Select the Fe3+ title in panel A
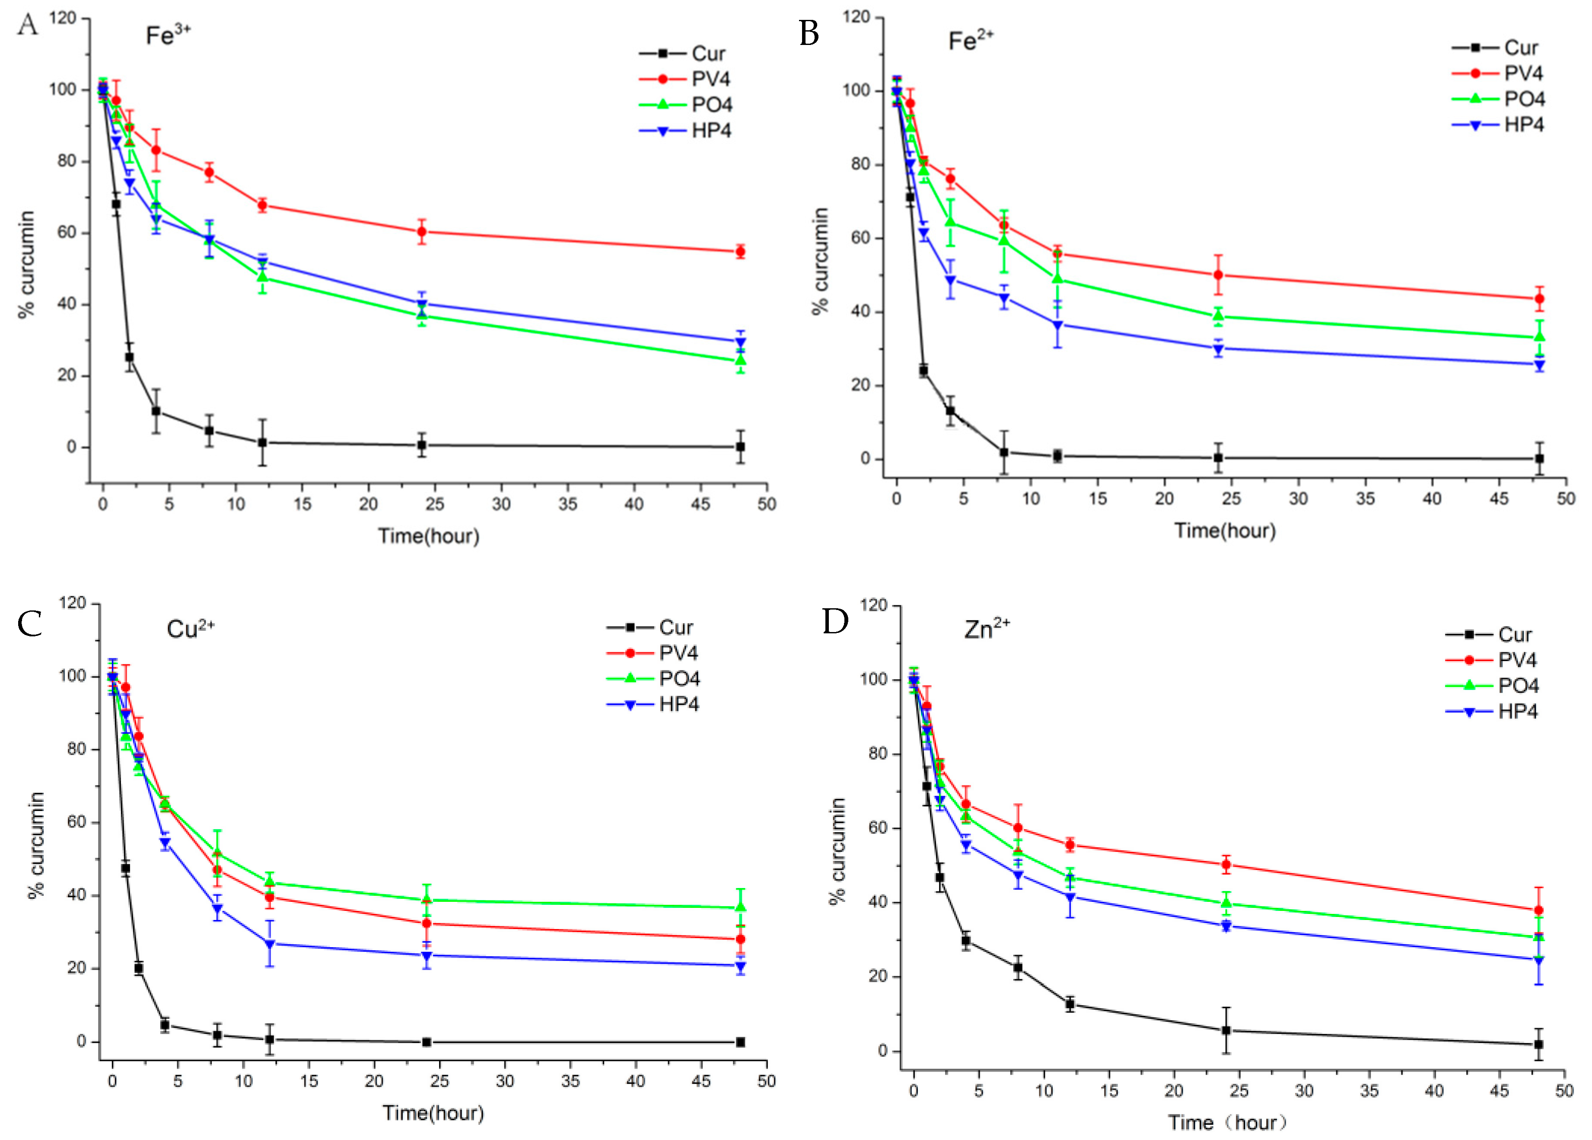click(168, 35)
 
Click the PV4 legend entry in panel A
click(710, 79)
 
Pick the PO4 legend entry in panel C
click(678, 679)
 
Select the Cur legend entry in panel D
click(1514, 635)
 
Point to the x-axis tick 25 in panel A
click(434, 504)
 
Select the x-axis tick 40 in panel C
click(636, 1081)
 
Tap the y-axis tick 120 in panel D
click(873, 605)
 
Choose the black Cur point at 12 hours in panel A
click(262, 443)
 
